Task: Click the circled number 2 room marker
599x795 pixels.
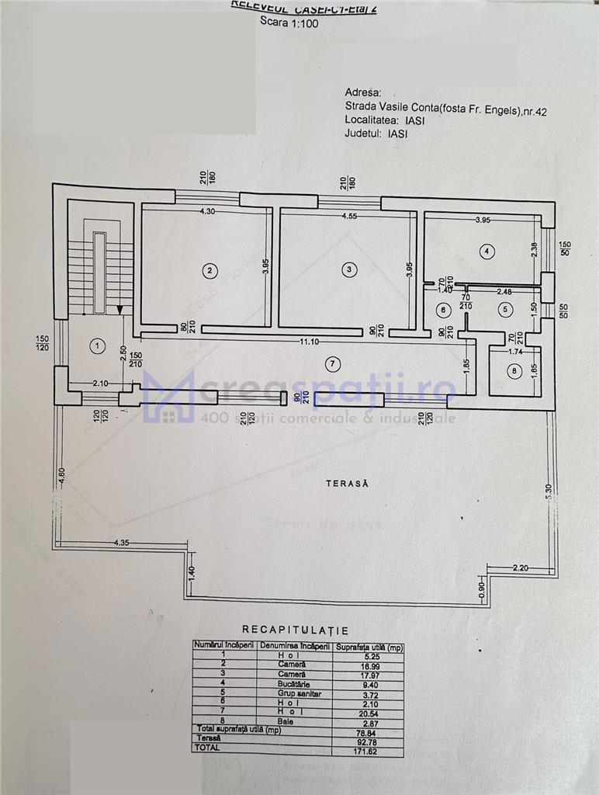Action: click(x=209, y=270)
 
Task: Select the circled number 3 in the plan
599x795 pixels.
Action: click(x=350, y=269)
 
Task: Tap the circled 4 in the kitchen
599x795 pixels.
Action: click(x=486, y=251)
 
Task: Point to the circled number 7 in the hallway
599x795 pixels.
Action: click(x=332, y=363)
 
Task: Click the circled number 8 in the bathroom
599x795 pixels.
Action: click(x=512, y=371)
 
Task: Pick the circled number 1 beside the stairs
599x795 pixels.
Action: click(x=96, y=347)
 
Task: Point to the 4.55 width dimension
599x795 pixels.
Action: click(x=348, y=217)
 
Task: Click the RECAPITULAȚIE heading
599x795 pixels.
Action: click(x=295, y=630)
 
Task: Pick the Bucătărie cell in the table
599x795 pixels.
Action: click(x=294, y=685)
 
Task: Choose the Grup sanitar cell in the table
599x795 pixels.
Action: click(x=294, y=694)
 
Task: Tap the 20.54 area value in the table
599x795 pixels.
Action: click(x=367, y=713)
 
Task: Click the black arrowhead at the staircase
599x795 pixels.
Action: click(x=119, y=310)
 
